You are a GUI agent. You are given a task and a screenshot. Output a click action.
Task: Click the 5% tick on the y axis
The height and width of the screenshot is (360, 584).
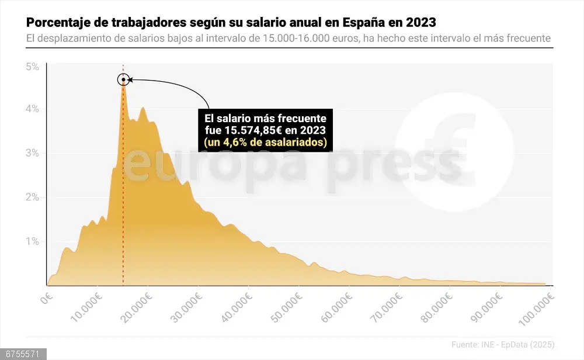[x=32, y=67]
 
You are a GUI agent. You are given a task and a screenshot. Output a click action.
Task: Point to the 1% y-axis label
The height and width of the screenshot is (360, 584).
[x=32, y=241]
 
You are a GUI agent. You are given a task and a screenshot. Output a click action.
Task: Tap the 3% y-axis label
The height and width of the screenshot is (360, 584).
[x=32, y=153]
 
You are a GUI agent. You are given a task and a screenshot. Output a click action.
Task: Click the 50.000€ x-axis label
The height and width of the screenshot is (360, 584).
[x=288, y=304]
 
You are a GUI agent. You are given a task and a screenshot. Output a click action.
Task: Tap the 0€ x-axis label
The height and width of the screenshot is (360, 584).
[x=47, y=300]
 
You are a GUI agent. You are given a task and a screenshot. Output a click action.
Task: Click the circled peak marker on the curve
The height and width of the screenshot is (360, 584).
[x=123, y=79]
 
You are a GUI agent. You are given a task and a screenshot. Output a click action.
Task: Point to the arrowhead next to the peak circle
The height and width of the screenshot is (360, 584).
[x=130, y=79]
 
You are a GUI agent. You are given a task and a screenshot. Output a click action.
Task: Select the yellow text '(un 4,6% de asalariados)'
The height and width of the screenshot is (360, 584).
[x=265, y=142]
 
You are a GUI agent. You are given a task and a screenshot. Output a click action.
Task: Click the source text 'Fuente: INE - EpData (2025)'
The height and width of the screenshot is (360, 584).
[x=503, y=344]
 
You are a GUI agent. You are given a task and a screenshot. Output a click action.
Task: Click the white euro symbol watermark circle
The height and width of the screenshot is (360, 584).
[x=454, y=152]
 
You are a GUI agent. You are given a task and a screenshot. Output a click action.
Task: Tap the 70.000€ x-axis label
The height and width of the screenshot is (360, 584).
[x=388, y=304]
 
